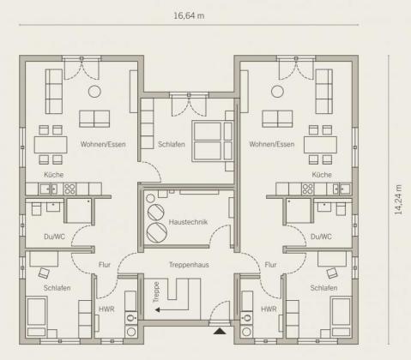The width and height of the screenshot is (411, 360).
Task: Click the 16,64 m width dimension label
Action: [x=189, y=15]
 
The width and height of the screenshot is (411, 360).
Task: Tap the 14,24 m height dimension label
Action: [x=398, y=200]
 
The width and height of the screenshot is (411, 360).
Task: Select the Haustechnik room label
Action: [x=188, y=222]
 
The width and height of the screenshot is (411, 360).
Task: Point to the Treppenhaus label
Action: [x=189, y=265]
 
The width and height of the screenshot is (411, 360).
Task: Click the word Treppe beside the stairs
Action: [x=156, y=292]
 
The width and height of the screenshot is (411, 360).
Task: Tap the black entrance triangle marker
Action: [x=220, y=331]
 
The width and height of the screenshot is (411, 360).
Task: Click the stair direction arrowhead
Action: [x=157, y=309]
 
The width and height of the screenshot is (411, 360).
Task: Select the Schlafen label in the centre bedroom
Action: [x=172, y=144]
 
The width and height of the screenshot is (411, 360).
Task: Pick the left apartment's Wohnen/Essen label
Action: [x=103, y=144]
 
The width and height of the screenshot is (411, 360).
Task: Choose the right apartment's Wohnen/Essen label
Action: [x=272, y=144]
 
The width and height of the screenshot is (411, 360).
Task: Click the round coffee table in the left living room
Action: [x=94, y=92]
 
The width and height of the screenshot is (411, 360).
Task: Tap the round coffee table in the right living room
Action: [x=277, y=92]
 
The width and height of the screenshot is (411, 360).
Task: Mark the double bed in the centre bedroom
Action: [x=213, y=141]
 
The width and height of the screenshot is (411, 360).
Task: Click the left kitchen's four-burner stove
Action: [x=70, y=189]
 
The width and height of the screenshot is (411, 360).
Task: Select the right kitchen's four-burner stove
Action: [x=308, y=189]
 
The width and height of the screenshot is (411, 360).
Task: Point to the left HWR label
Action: [x=106, y=309]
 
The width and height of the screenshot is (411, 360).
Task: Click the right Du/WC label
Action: [x=321, y=237]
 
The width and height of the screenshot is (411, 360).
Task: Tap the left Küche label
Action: [x=54, y=175]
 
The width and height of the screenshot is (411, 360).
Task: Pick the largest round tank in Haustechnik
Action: [x=156, y=232]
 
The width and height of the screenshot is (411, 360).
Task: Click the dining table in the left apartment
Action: [x=51, y=145]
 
